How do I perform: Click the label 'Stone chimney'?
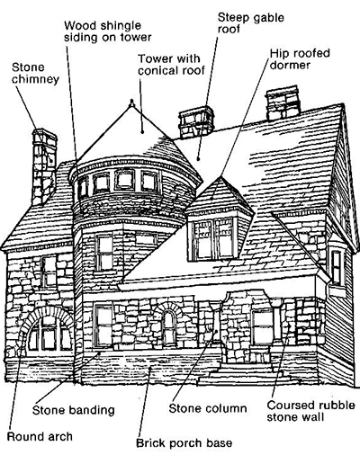pos(35,73)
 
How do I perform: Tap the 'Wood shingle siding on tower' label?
pos(108,31)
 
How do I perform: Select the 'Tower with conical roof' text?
pos(171,65)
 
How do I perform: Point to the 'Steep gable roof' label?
pos(250,22)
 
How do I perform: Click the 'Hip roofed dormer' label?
pos(300,59)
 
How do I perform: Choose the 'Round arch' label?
pos(40,436)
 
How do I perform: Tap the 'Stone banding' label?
pos(74,410)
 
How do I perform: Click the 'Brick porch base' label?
pos(184,442)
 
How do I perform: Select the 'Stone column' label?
pos(208,408)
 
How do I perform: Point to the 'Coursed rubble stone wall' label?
pos(310,411)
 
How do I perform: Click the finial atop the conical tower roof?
pos(131,103)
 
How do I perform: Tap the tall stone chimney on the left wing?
pos(44,166)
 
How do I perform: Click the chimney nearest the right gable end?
pos(283,103)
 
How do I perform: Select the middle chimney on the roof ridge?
pos(196,122)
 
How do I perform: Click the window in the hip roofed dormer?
pos(213,239)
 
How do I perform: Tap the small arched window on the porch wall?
pos(169,327)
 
